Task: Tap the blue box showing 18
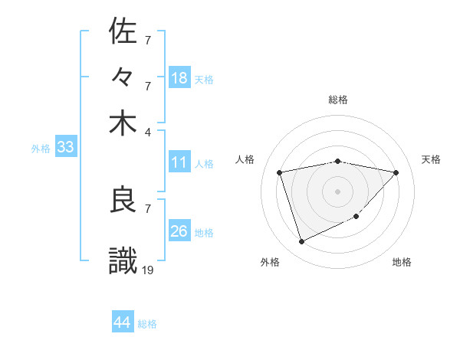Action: click(179, 78)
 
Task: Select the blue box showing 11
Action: click(179, 162)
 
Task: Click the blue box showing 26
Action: click(179, 231)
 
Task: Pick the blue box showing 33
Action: click(65, 148)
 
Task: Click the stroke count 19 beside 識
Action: click(149, 270)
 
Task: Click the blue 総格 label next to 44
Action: click(147, 324)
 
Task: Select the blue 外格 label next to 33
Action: click(40, 149)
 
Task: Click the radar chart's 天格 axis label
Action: click(431, 159)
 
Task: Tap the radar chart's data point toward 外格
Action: click(301, 242)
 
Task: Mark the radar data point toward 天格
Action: click(396, 172)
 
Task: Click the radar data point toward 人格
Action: click(280, 172)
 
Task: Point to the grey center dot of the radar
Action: click(337, 191)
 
